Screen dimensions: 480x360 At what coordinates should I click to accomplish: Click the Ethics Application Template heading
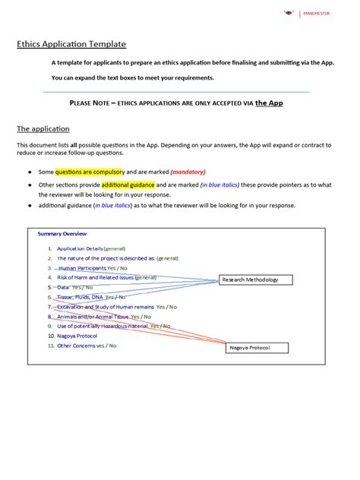click(71, 44)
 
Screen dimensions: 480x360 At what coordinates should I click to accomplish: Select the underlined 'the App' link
click(269, 103)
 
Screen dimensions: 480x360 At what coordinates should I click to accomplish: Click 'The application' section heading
click(43, 129)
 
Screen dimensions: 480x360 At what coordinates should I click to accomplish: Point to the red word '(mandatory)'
click(188, 172)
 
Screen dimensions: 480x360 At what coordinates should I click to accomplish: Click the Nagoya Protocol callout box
click(259, 347)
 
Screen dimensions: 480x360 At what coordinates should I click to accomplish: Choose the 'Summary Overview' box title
click(62, 233)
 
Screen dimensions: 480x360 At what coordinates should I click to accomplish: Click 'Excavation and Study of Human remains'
click(105, 307)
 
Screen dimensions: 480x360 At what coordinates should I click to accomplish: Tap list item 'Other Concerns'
click(76, 346)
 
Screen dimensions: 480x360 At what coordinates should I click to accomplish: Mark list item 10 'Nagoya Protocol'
click(77, 336)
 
